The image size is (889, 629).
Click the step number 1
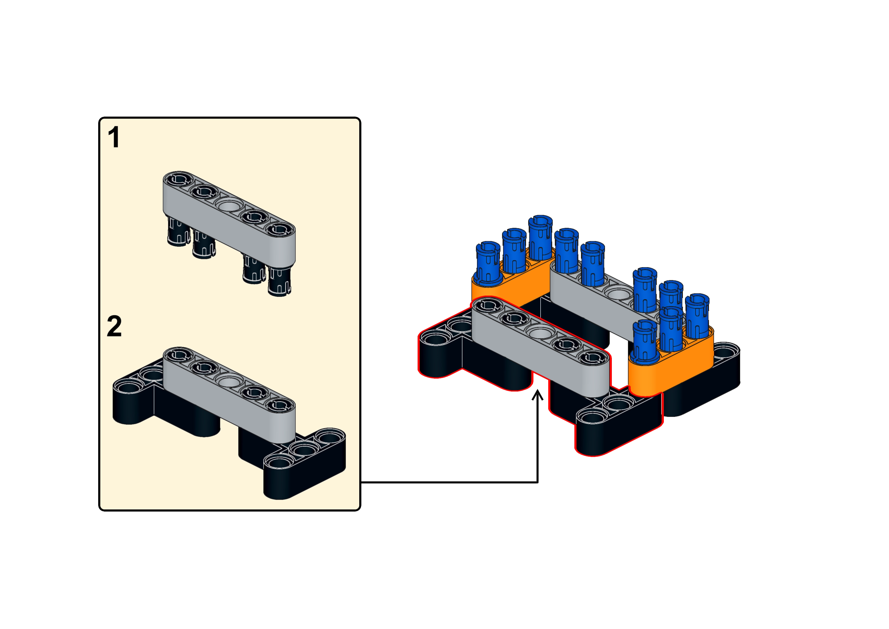pyautogui.click(x=114, y=137)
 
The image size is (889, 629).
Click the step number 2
pyautogui.click(x=114, y=326)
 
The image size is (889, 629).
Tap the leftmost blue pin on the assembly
pyautogui.click(x=488, y=263)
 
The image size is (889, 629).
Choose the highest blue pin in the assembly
pyautogui.click(x=540, y=237)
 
